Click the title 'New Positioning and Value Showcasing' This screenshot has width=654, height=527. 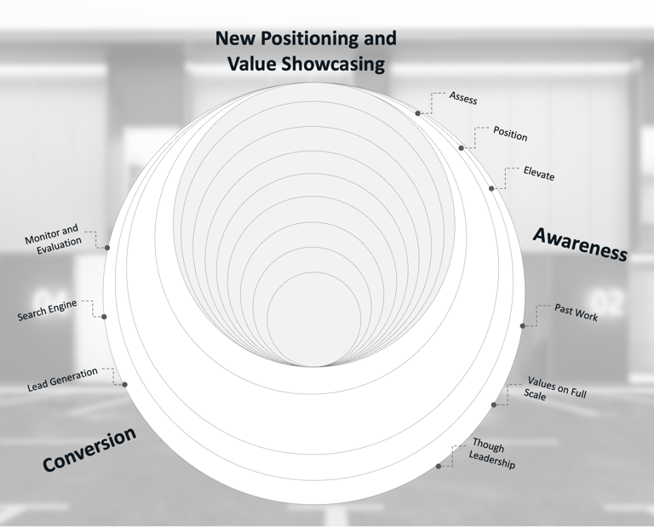[x=306, y=51]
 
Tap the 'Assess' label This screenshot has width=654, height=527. [x=463, y=99]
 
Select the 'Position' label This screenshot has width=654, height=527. [x=510, y=135]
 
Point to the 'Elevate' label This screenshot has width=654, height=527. [x=539, y=175]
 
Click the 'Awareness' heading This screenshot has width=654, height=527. [x=580, y=244]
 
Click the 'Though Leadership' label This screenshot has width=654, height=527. [x=493, y=454]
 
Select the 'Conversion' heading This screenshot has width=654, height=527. [x=89, y=449]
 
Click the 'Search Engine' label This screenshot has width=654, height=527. [x=53, y=311]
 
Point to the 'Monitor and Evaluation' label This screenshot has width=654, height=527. [x=54, y=236]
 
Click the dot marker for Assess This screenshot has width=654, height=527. [x=418, y=113]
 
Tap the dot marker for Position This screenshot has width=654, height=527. [x=462, y=148]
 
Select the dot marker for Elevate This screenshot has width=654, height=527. [x=491, y=188]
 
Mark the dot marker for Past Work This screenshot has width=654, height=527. [x=523, y=326]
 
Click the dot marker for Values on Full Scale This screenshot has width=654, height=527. [x=494, y=404]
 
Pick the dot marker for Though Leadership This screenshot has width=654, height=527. [x=439, y=466]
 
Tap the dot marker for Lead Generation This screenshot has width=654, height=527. [x=125, y=385]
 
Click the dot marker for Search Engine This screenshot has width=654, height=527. [x=104, y=317]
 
